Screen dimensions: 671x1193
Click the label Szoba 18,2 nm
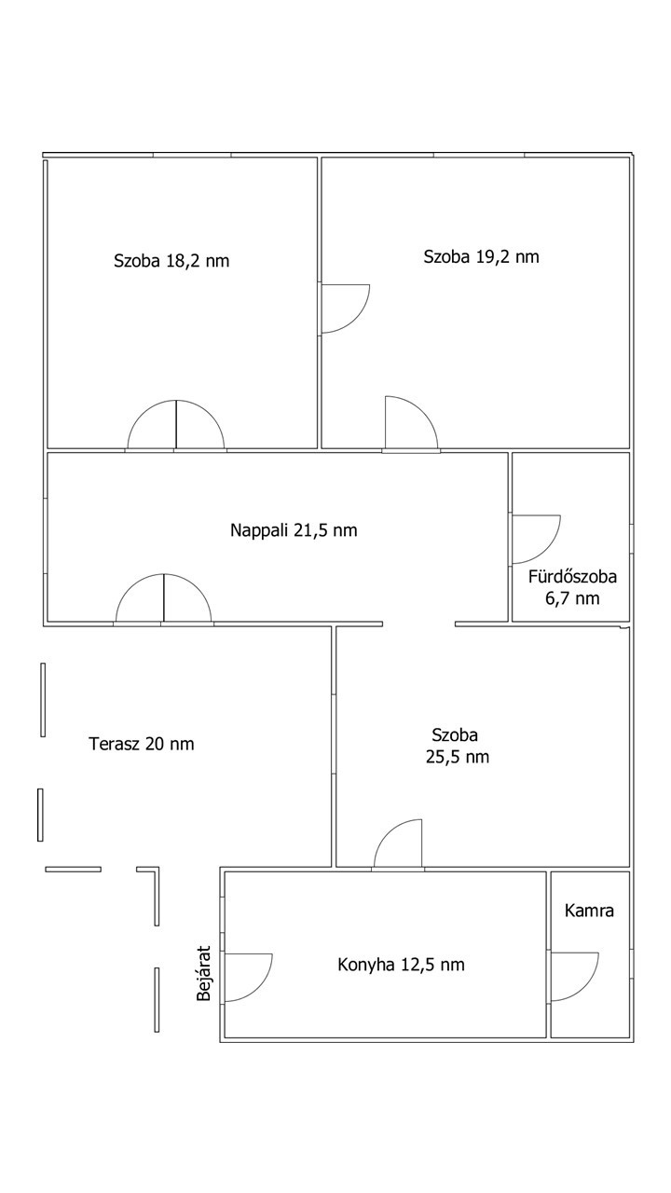tap(171, 261)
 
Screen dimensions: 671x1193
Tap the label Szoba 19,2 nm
tap(482, 256)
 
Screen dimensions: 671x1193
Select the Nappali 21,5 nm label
tap(294, 530)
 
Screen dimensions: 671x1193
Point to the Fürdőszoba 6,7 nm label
tap(572, 587)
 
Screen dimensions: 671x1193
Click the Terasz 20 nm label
tap(141, 744)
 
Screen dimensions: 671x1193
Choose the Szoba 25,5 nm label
tap(457, 746)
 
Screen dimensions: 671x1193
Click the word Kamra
tap(589, 911)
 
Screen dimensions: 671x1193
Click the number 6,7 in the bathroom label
tap(557, 598)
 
